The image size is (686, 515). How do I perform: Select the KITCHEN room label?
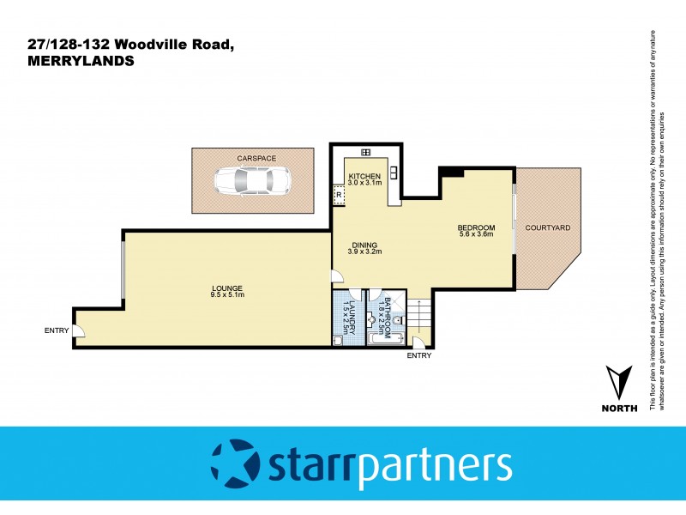(364, 176)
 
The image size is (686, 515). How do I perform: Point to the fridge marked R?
(340, 196)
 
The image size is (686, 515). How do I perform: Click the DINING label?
(364, 242)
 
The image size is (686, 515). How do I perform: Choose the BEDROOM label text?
(476, 227)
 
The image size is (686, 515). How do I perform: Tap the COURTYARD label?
(548, 227)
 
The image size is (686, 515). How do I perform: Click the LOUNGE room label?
(227, 288)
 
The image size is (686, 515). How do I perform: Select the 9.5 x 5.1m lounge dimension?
(227, 295)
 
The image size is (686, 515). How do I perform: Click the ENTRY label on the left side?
(57, 330)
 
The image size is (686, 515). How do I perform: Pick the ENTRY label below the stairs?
(419, 355)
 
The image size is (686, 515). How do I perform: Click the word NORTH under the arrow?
(619, 408)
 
